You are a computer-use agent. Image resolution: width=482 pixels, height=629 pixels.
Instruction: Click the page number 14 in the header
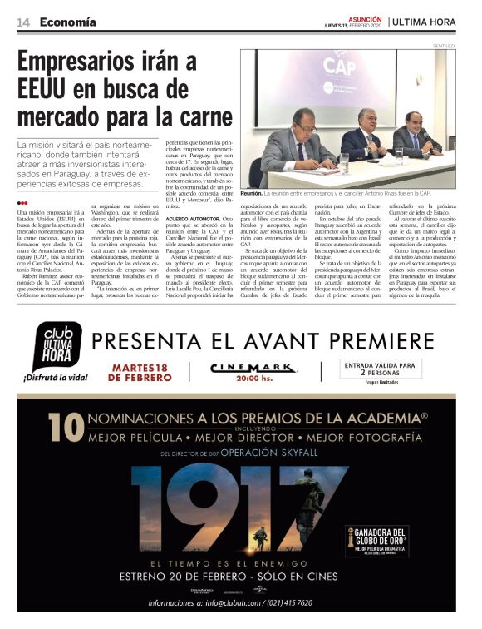pos(23,22)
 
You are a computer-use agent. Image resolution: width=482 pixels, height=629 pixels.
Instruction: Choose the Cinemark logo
pos(244,367)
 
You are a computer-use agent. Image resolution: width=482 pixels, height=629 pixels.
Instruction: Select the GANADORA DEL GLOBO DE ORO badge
pos(376,540)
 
